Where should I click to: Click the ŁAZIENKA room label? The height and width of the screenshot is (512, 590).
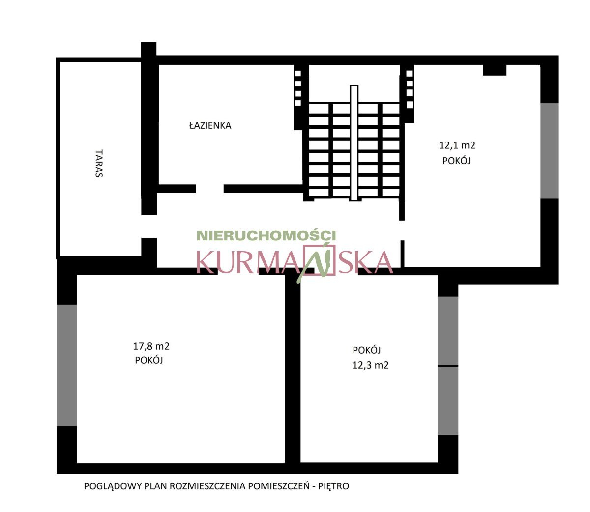pos(210,125)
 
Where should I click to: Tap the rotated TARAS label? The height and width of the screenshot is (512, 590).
pos(99,163)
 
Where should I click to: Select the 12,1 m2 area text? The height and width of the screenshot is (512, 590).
pos(457,145)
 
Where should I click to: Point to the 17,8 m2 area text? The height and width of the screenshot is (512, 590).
pos(151,346)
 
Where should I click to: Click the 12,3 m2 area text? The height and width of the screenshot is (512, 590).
pos(370,365)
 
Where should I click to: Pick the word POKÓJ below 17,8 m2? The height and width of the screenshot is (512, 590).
pos(149,360)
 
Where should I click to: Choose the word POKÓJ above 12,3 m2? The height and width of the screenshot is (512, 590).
pos(366,350)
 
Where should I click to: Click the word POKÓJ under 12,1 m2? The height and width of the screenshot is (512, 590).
pos(456,161)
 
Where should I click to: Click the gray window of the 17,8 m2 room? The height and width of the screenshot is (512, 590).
pos(66,365)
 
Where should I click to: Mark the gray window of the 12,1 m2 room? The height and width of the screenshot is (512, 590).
pos(549,150)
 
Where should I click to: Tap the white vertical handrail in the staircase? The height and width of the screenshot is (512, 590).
pos(354,143)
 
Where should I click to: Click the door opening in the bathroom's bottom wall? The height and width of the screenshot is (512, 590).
pos(209,189)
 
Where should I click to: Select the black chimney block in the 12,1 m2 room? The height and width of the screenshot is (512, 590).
pos(495,70)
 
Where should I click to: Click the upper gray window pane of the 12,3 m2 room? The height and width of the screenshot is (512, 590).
pos(448,331)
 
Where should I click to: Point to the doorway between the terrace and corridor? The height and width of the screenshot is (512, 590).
pos(149,226)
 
